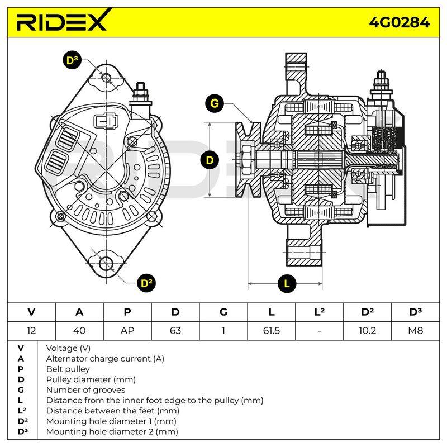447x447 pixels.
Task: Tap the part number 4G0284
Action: tap(399, 22)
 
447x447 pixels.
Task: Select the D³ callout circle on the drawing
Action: tap(72, 60)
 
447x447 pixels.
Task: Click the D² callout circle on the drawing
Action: tap(146, 283)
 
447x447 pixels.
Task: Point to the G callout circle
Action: tap(215, 103)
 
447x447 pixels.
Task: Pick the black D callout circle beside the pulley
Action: tap(210, 160)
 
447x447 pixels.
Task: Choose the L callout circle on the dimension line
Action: tap(287, 283)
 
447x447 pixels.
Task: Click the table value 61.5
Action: tap(272, 331)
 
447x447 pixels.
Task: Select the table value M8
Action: tap(415, 331)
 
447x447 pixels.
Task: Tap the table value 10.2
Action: tap(367, 331)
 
